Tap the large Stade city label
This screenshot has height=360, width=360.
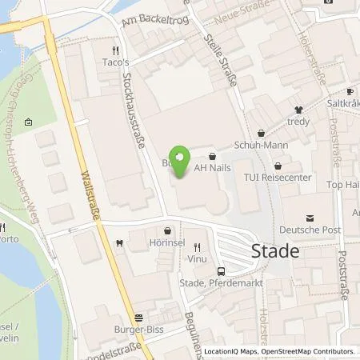(x=276, y=250)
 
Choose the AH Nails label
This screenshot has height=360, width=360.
(x=211, y=170)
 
